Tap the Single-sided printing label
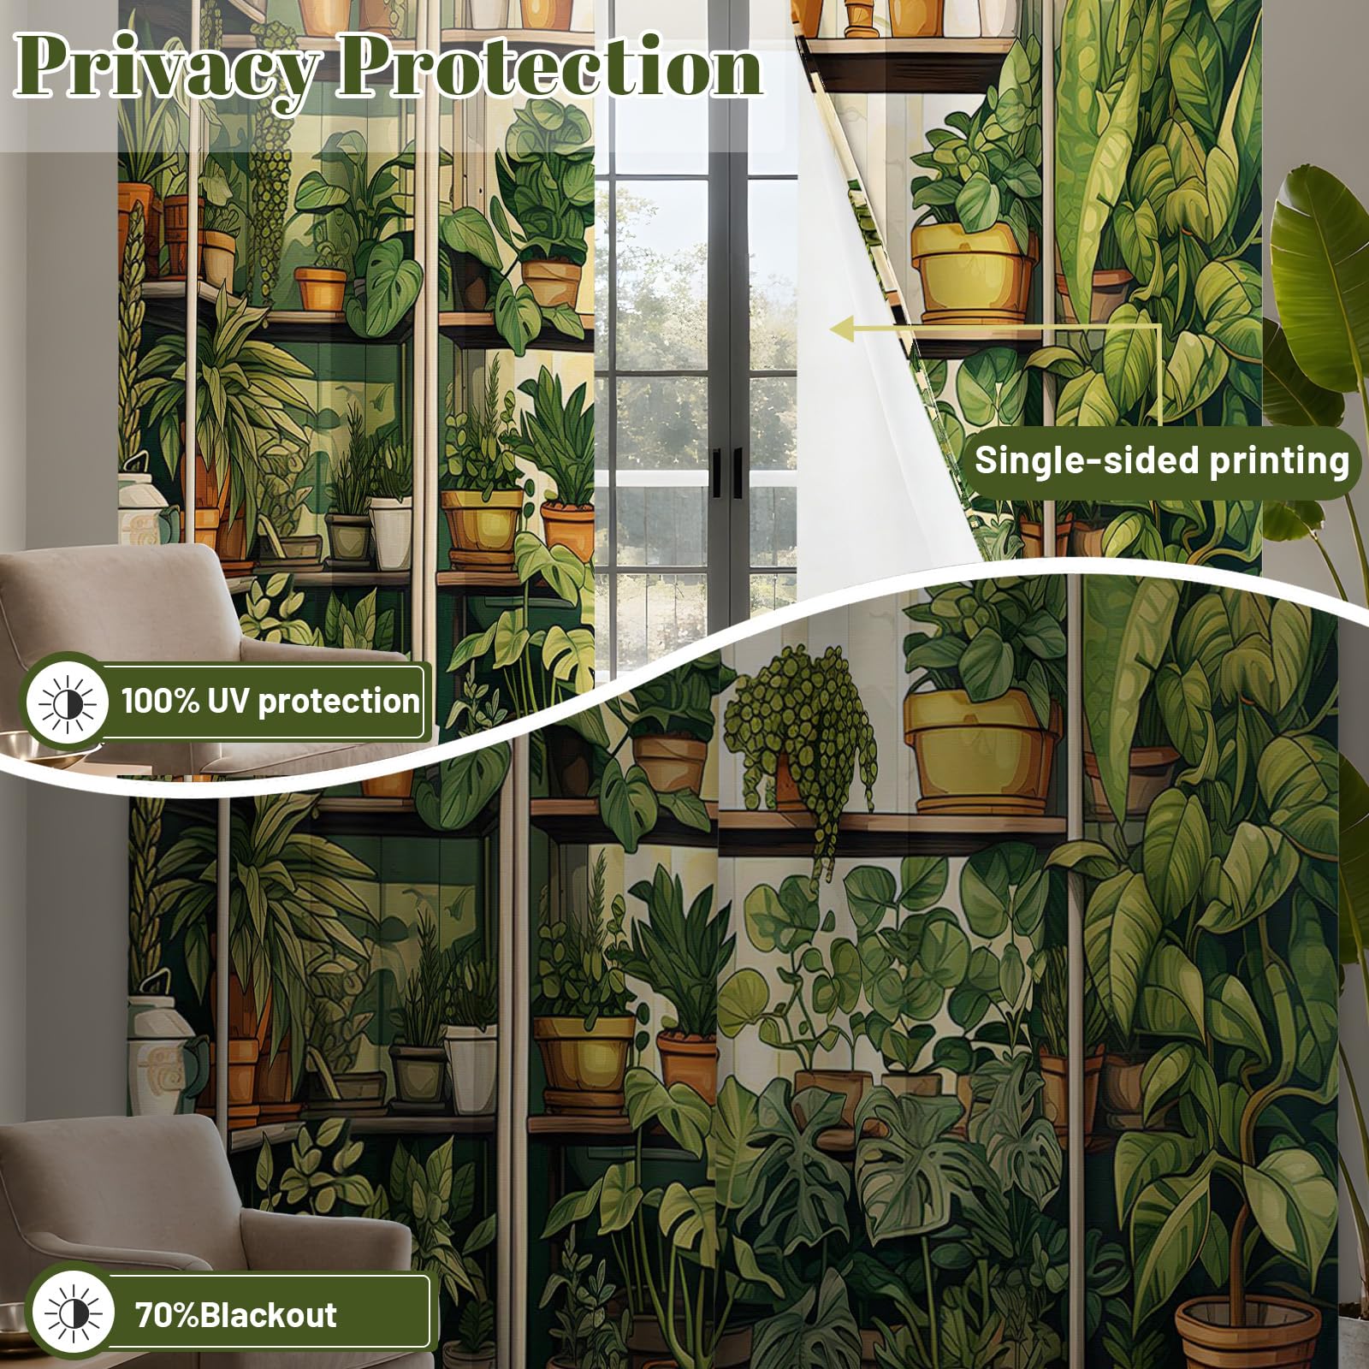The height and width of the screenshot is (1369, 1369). coord(1161,461)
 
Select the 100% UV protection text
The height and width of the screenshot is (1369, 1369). coord(270,701)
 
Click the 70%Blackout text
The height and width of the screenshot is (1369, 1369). coord(236,1314)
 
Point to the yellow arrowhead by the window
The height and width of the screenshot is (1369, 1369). coord(843,328)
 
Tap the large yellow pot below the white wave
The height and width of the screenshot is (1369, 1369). coord(981,749)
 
